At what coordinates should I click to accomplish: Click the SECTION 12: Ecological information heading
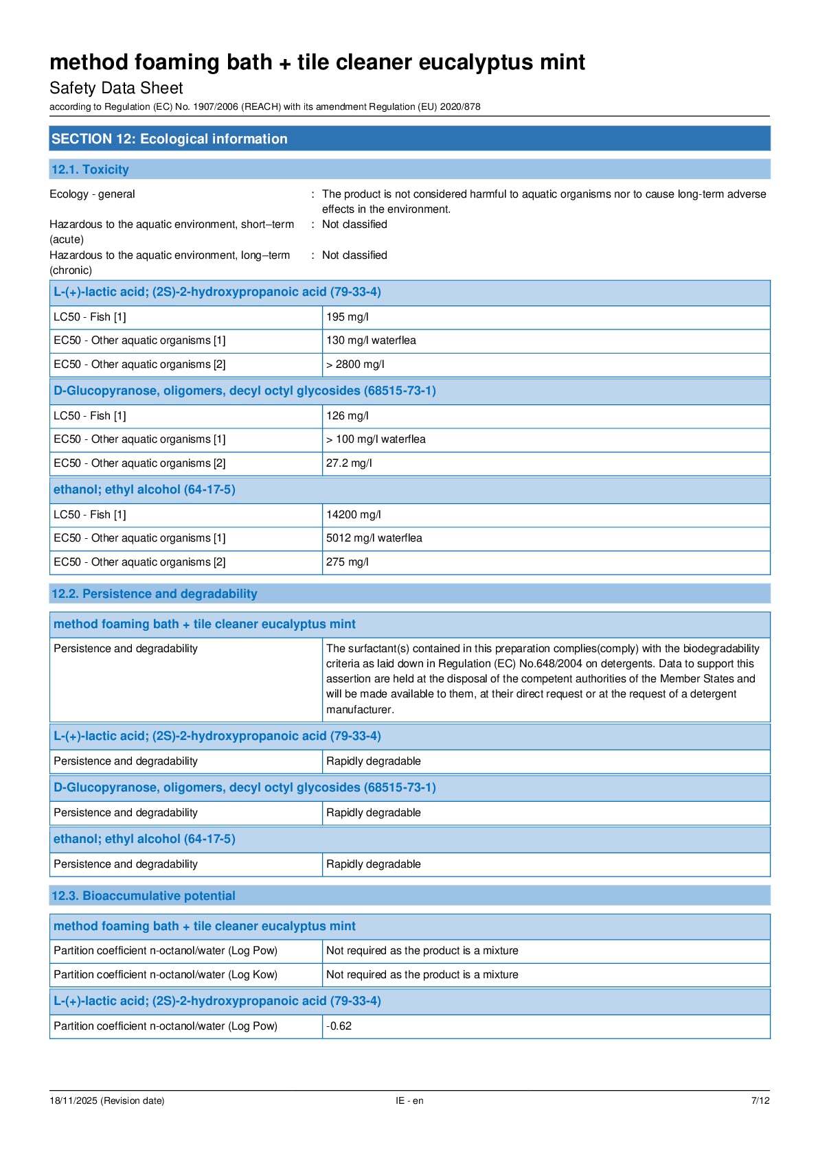[170, 139]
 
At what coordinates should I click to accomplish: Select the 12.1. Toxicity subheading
[90, 170]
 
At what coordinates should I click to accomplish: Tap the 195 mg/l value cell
[347, 317]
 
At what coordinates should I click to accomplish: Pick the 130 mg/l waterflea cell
[371, 340]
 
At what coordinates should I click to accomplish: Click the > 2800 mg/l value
[355, 365]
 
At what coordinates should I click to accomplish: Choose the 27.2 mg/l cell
[349, 463]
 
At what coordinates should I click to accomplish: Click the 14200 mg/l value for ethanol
[353, 515]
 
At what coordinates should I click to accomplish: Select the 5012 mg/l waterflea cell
[374, 538]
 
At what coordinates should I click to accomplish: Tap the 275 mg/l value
[347, 562]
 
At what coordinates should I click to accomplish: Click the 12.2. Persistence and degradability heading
[155, 594]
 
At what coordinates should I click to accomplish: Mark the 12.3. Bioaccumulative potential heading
[144, 896]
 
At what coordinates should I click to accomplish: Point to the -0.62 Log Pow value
[339, 1026]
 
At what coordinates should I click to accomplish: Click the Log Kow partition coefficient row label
[166, 975]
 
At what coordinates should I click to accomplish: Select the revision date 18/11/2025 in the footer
[106, 1100]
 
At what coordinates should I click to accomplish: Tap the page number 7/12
[760, 1100]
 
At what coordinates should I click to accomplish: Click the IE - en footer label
[409, 1100]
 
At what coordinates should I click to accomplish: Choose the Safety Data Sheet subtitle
[116, 88]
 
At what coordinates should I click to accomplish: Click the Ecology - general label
[92, 194]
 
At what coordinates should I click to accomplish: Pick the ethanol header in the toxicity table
[144, 489]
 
